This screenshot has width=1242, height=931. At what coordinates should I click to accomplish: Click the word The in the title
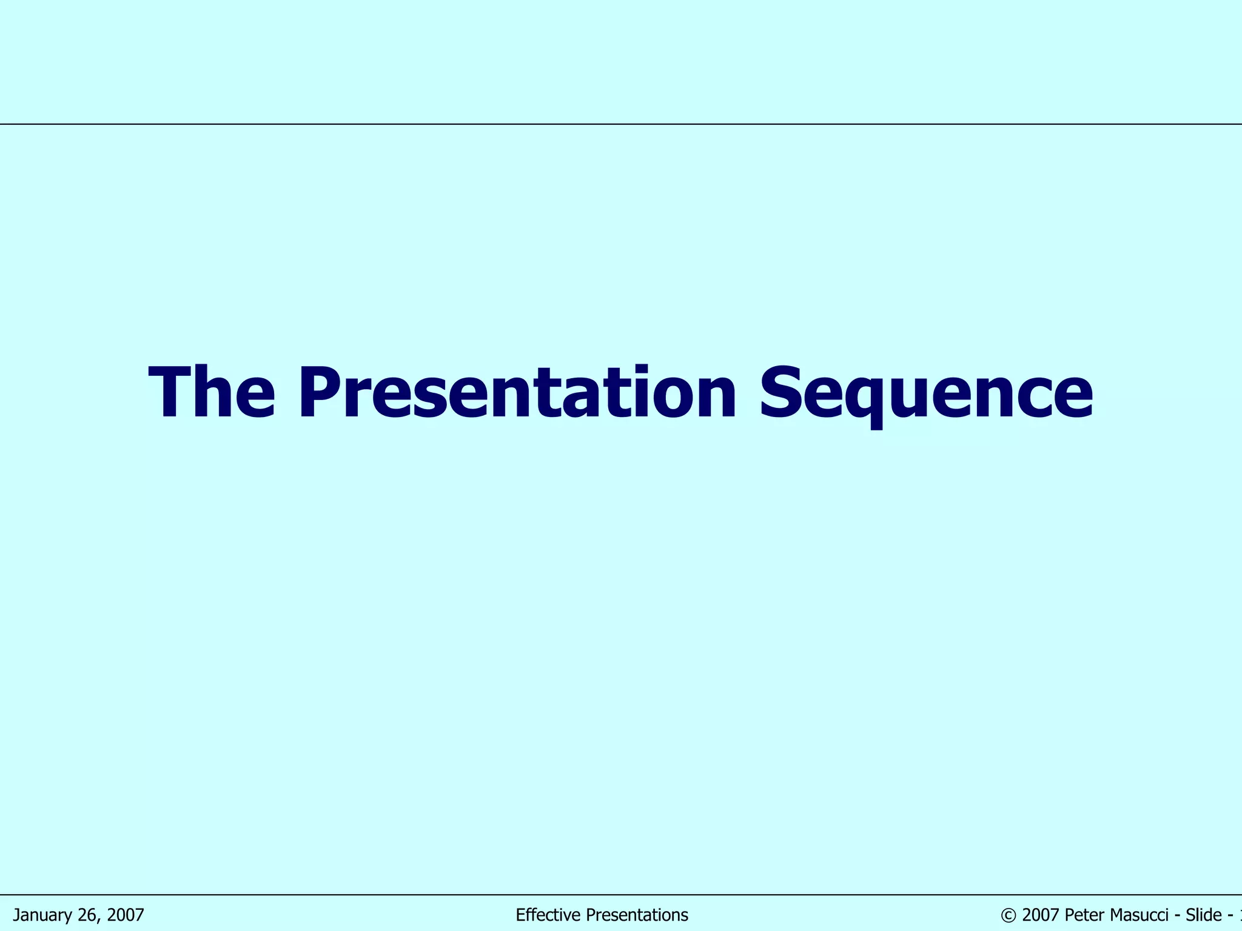point(212,393)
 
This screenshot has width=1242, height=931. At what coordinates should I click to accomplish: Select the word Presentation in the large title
point(517,393)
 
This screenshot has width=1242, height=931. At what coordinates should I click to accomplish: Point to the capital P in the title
point(317,393)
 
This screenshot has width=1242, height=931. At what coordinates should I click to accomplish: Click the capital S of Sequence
point(783,393)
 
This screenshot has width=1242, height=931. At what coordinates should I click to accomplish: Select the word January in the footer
point(43,915)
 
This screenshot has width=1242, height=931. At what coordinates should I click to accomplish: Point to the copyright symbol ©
point(1008,915)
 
